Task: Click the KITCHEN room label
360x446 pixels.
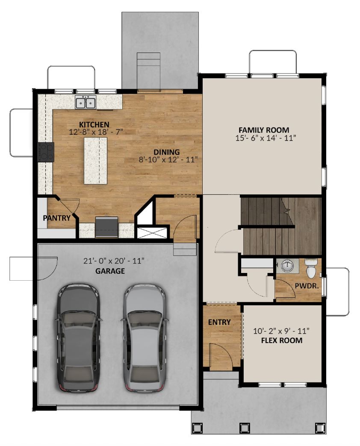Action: [x=94, y=125]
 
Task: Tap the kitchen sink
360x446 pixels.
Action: [x=86, y=102]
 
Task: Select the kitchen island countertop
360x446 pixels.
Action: [x=96, y=161]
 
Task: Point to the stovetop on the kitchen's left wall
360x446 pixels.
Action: [x=46, y=152]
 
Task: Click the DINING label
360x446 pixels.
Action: [x=167, y=152]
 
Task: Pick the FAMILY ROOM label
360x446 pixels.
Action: [x=264, y=130]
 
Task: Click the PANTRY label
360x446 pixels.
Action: [x=56, y=218]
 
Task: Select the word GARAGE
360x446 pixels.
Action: [x=110, y=271]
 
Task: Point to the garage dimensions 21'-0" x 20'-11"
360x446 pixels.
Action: [x=114, y=261]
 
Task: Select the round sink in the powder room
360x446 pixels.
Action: [x=287, y=266]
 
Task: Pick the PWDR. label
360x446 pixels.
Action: [x=307, y=286]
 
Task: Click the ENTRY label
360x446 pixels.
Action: [x=219, y=322]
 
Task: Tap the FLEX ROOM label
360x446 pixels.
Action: [x=282, y=340]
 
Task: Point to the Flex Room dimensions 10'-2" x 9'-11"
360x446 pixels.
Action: [x=281, y=332]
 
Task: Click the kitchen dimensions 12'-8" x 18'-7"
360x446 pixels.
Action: [x=96, y=132]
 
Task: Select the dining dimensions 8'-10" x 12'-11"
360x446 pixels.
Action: [x=168, y=160]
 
